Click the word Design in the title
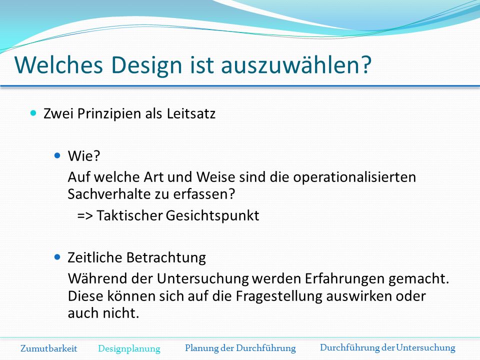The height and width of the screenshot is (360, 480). (x=146, y=65)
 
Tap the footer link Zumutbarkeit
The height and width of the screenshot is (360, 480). (x=48, y=348)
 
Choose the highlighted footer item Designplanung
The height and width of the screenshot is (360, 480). (x=129, y=348)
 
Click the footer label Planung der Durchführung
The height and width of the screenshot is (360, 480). (x=240, y=348)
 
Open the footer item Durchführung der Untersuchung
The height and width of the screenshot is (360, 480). (x=387, y=348)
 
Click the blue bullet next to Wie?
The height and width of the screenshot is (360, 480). (x=57, y=155)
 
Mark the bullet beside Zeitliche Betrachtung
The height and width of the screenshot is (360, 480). (x=57, y=257)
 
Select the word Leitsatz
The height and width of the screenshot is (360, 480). (x=191, y=113)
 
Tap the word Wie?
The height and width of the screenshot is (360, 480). (x=84, y=156)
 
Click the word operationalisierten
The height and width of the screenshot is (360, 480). (x=354, y=177)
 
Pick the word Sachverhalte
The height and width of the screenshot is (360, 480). (x=108, y=194)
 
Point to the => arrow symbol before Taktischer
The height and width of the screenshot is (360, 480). (x=85, y=216)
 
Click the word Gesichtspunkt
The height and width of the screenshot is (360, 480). (x=212, y=216)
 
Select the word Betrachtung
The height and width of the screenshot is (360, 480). (x=166, y=257)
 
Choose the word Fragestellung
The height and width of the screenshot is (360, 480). (x=279, y=296)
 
